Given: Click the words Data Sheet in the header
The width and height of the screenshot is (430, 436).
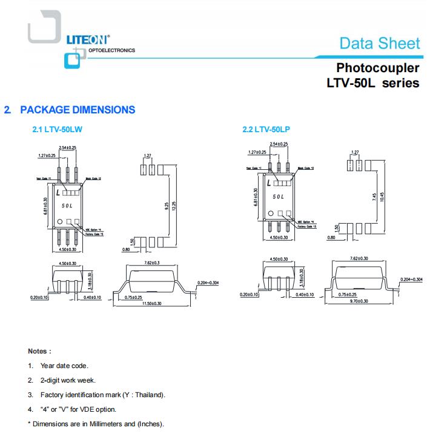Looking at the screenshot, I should [379, 43].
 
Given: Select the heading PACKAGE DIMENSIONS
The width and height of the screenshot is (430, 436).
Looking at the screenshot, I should [78, 110].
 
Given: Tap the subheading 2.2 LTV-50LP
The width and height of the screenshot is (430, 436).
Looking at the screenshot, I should [266, 129].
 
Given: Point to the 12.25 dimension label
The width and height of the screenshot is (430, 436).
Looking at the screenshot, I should [174, 207].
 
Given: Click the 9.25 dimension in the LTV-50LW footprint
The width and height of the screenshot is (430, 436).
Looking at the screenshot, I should [166, 207].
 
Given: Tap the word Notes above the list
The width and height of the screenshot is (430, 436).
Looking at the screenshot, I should [39, 351].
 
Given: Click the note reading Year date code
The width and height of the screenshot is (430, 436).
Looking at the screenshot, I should [64, 366].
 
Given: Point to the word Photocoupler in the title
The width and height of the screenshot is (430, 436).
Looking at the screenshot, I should [378, 67].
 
